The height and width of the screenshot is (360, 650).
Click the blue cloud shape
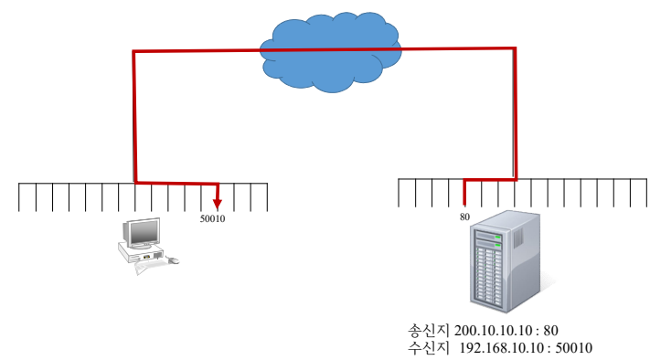331,52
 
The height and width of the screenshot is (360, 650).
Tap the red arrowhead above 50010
218,204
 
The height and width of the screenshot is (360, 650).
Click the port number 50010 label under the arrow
212,218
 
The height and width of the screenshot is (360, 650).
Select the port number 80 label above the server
464,217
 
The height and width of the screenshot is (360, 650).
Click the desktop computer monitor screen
144,232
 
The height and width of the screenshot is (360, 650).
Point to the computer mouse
174,260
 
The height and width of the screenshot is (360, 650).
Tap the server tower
505,262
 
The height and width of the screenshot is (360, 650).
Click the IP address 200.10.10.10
493,331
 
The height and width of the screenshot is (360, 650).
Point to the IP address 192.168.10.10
502,348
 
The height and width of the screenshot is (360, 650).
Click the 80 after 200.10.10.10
550,331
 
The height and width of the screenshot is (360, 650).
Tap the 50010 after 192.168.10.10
574,348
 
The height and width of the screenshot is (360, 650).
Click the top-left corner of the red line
133,52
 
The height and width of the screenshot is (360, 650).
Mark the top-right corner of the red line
515,49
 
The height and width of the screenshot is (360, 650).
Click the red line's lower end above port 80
464,205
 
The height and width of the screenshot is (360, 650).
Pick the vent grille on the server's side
518,238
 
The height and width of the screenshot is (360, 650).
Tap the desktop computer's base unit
140,252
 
